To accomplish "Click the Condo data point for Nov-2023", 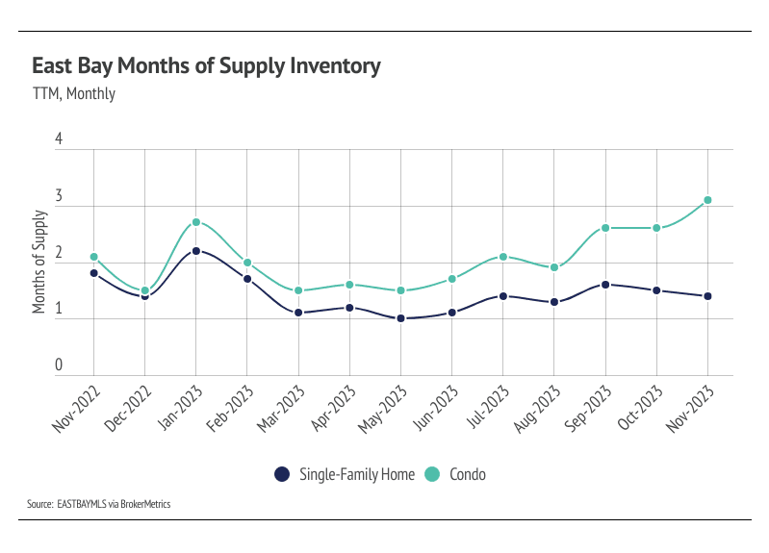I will point(707,200).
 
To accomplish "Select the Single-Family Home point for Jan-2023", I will point(196,251).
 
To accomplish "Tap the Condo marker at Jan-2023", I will point(196,222).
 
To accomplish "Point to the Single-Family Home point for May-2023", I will point(400,318).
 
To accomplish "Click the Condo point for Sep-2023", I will point(605,228).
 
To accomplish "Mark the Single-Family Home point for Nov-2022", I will point(93,273).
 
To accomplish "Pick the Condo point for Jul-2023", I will point(503,257).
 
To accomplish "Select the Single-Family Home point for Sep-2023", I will point(605,285).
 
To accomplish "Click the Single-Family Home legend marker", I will point(282,474).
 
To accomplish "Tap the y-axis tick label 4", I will point(59,139).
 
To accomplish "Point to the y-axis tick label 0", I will point(59,365).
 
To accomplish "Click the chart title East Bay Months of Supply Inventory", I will point(206,66).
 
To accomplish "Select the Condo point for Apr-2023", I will point(349,285).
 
